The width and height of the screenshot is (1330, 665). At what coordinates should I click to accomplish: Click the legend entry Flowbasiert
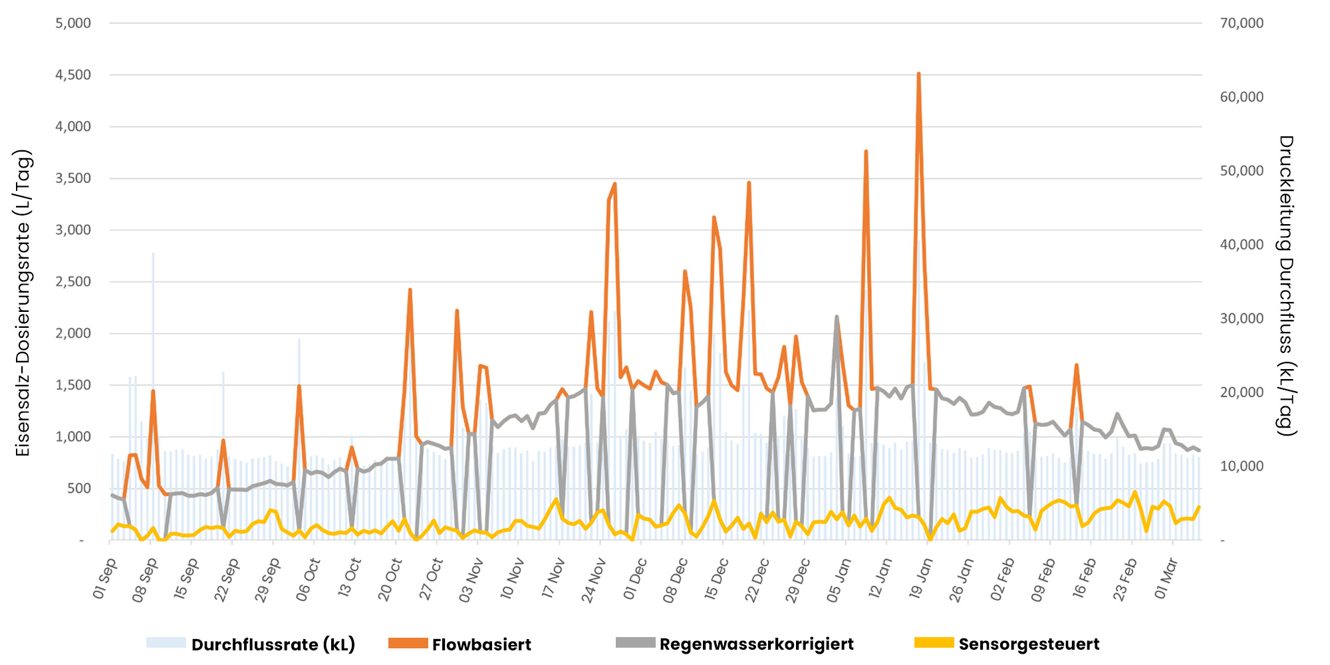(481, 644)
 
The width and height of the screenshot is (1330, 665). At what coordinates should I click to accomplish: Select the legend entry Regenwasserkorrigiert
(756, 644)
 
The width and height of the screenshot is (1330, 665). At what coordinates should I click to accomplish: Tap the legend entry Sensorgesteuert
(1028, 644)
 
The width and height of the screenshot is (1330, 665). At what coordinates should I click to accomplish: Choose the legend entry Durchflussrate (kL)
(273, 644)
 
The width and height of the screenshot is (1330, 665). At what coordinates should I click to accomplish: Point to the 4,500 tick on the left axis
(73, 74)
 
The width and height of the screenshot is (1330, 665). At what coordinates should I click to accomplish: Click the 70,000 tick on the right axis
(1242, 23)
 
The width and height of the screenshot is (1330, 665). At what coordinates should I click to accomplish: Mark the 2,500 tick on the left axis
(73, 281)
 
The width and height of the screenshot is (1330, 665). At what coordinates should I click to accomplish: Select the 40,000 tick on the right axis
(1242, 245)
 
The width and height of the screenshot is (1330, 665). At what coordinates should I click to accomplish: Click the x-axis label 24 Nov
(594, 580)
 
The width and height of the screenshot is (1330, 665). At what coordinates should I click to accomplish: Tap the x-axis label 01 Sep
(105, 578)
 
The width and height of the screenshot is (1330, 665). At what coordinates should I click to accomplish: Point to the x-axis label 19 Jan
(921, 579)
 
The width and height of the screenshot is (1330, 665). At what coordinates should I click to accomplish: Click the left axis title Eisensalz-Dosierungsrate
(23, 303)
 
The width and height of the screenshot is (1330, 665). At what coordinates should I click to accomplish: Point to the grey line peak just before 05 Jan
(837, 317)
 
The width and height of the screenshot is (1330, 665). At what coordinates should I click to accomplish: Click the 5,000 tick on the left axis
(73, 23)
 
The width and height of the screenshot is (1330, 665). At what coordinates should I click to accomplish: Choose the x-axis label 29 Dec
(798, 580)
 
